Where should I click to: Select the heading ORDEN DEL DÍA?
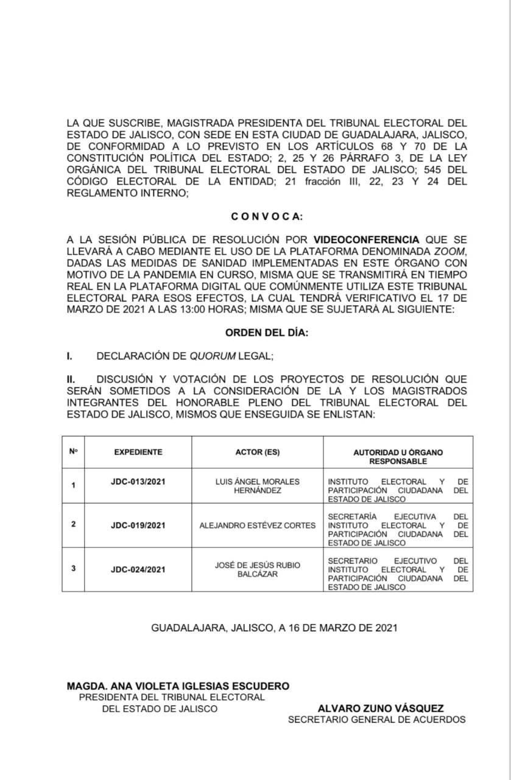[x=266, y=333]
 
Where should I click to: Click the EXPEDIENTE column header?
[x=138, y=452]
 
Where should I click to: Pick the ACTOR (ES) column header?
[x=258, y=452]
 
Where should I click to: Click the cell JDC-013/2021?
[x=138, y=481]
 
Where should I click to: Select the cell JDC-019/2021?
[x=138, y=525]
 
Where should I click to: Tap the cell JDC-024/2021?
[x=138, y=570]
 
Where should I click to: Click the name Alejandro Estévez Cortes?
[x=258, y=525]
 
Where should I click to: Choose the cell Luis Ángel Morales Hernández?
[x=258, y=486]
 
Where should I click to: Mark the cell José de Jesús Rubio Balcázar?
[x=258, y=570]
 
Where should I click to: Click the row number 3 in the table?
[x=74, y=569]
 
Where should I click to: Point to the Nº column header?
[x=74, y=452]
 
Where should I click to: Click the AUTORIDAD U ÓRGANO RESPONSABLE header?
[x=398, y=456]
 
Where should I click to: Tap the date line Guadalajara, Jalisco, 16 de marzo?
[x=274, y=627]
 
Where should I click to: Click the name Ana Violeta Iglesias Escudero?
[x=178, y=686]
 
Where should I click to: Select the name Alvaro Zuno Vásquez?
[x=381, y=709]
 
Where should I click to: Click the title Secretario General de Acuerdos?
[x=376, y=720]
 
